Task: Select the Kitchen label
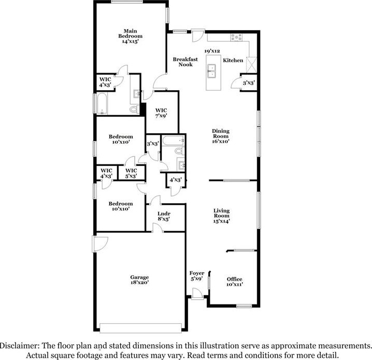pos(233,61)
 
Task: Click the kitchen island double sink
pos(211,71)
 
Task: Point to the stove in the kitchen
pos(236,37)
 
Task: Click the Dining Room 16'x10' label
pos(220,135)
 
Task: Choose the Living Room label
pos(222,215)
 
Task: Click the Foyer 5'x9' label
pos(197,276)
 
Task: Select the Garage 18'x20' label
pos(139,280)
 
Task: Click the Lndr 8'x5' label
pos(163,216)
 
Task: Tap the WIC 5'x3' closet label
pos(131,173)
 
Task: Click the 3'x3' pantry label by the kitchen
pos(248,82)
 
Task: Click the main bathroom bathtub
pos(102,104)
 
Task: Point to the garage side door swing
pos(99,243)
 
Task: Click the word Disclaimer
pos(19,345)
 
